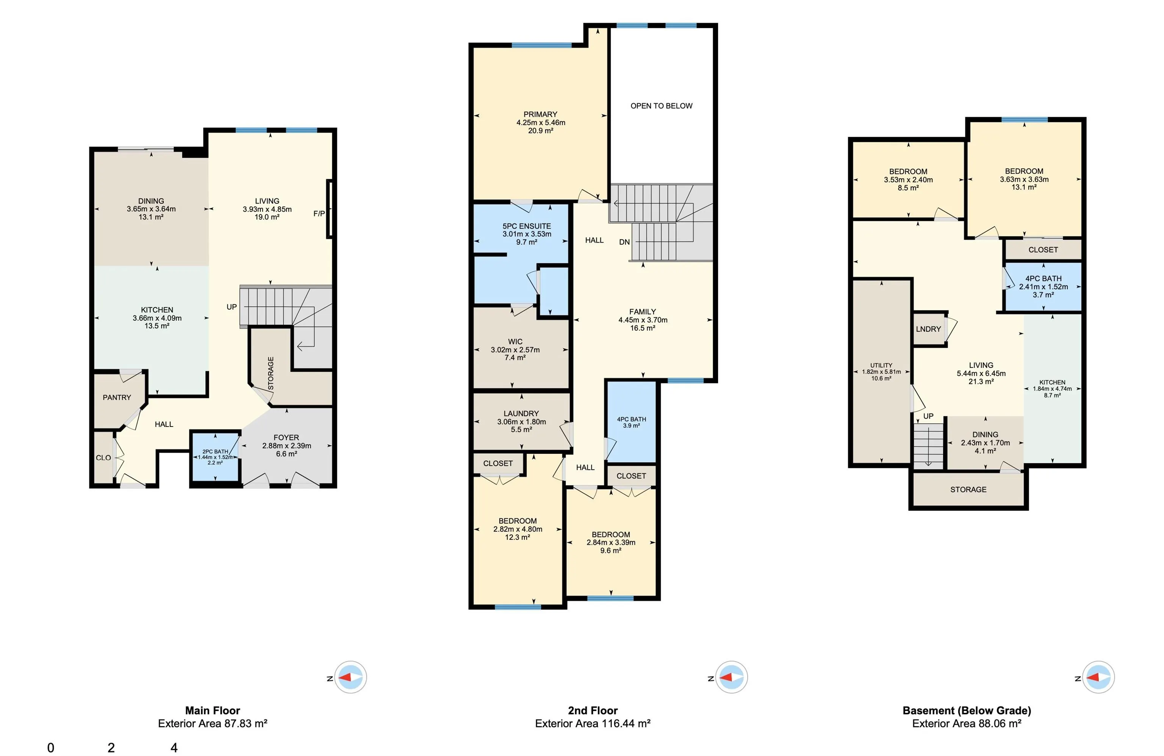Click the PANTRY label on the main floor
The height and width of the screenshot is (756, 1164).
click(x=117, y=397)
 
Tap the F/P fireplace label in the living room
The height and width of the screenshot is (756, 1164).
click(x=319, y=213)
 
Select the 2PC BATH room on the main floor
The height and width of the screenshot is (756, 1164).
click(x=215, y=456)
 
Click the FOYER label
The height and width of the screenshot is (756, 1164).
click(x=286, y=438)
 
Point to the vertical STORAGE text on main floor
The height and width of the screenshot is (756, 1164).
click(x=271, y=373)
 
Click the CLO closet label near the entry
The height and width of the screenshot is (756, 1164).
click(x=103, y=458)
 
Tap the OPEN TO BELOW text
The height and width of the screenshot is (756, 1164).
click(x=661, y=106)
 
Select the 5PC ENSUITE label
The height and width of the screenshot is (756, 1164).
click(x=526, y=226)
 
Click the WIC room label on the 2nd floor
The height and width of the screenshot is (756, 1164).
click(x=515, y=342)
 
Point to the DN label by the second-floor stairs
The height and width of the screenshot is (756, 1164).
click(x=624, y=242)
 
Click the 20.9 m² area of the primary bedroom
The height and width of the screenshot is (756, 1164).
click(x=540, y=131)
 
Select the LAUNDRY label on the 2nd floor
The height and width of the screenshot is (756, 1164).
click(x=521, y=414)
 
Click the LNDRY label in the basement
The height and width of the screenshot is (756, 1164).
click(x=928, y=329)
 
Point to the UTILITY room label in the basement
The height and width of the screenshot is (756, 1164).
click(x=881, y=365)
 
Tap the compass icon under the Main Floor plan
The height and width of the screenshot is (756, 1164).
click(x=350, y=677)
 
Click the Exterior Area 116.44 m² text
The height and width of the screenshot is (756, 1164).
click(x=592, y=723)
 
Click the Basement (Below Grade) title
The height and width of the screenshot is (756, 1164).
click(x=967, y=710)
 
